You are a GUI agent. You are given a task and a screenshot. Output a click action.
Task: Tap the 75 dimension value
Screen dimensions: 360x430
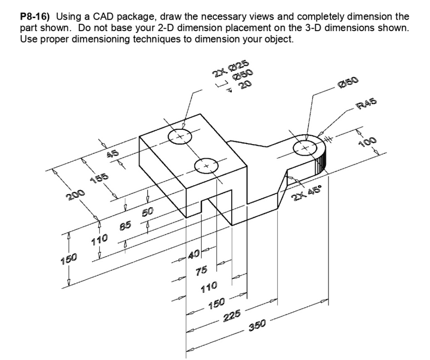coord(202,271)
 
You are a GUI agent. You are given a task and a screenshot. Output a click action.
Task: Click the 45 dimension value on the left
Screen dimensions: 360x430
coord(113,154)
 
